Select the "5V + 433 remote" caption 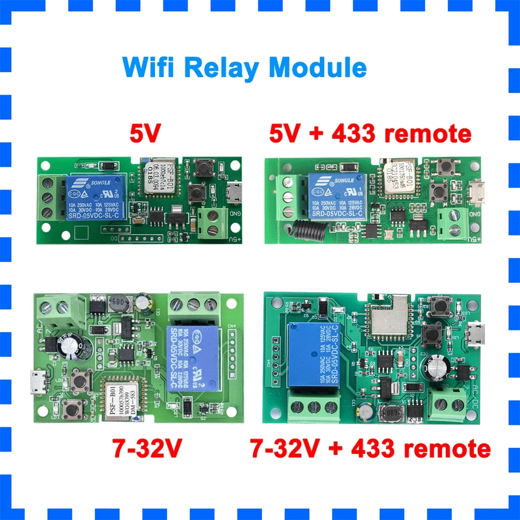click(x=370, y=134)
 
